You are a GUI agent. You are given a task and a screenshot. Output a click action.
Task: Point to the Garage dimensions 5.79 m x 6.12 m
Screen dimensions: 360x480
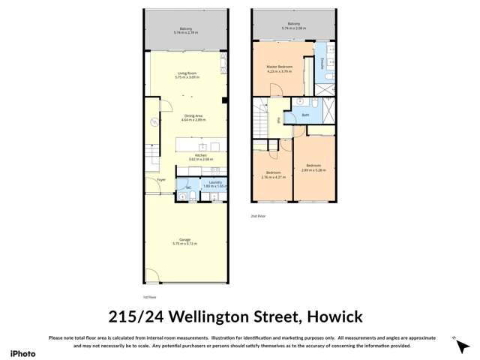[184, 244]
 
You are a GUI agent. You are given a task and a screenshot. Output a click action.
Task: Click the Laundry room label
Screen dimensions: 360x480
[214, 182]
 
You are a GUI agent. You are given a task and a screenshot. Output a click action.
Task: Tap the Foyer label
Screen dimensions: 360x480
[160, 181]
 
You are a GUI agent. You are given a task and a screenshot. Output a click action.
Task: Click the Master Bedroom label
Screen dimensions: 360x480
[279, 68]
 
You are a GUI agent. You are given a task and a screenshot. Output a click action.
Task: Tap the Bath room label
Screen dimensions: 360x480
[306, 115]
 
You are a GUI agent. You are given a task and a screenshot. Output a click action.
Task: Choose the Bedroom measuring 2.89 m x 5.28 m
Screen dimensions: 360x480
[313, 167]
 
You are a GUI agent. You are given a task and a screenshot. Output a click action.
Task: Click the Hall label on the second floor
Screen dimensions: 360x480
[279, 120]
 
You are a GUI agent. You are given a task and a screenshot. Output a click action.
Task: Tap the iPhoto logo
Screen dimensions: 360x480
[22, 353]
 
